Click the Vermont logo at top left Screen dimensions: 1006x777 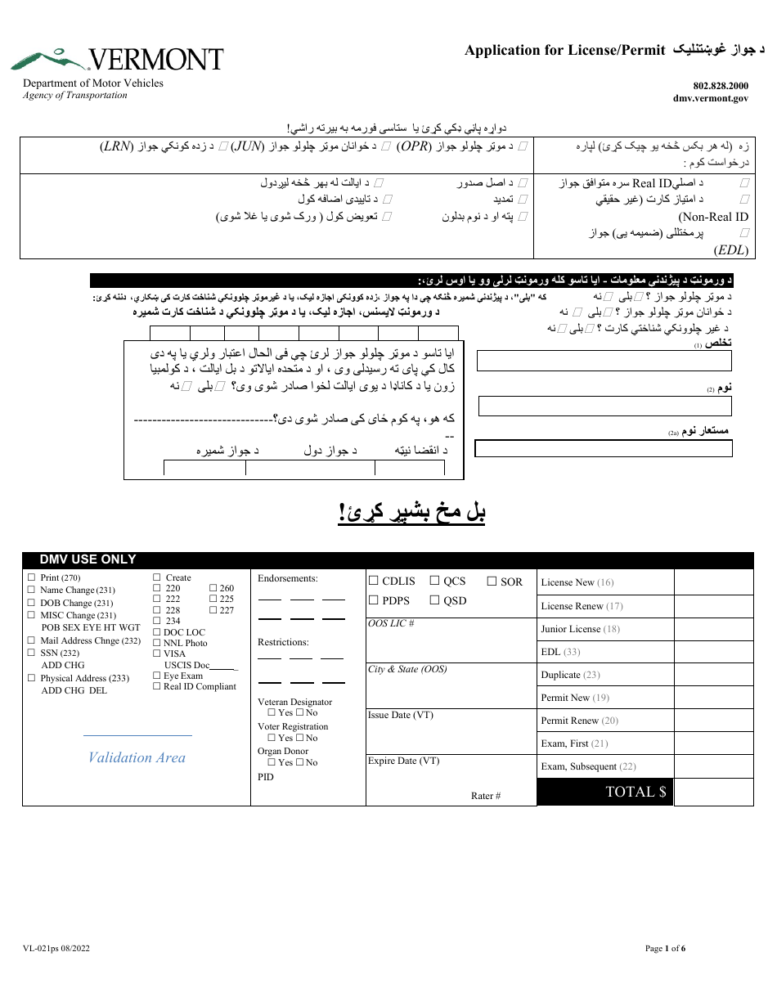point(117,60)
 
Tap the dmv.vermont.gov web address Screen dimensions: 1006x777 point(710,97)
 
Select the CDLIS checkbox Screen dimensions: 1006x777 point(373,582)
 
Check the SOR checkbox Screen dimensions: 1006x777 point(492,582)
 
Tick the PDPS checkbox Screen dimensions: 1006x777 point(373,600)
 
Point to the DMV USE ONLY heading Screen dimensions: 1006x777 point(88,560)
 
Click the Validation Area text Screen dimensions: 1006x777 point(137,758)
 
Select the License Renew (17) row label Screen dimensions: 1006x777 point(582,606)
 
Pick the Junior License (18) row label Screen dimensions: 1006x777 point(580,629)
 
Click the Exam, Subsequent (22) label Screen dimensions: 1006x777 point(588,766)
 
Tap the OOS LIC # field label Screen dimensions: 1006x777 point(391,624)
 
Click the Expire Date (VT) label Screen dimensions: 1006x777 point(403,761)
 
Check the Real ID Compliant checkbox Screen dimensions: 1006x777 point(157,687)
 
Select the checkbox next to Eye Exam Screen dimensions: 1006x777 point(157,676)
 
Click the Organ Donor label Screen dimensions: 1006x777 point(282,751)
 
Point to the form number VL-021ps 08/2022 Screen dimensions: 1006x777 point(56,949)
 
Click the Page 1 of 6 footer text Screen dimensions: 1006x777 point(665,949)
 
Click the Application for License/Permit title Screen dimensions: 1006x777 point(564,51)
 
